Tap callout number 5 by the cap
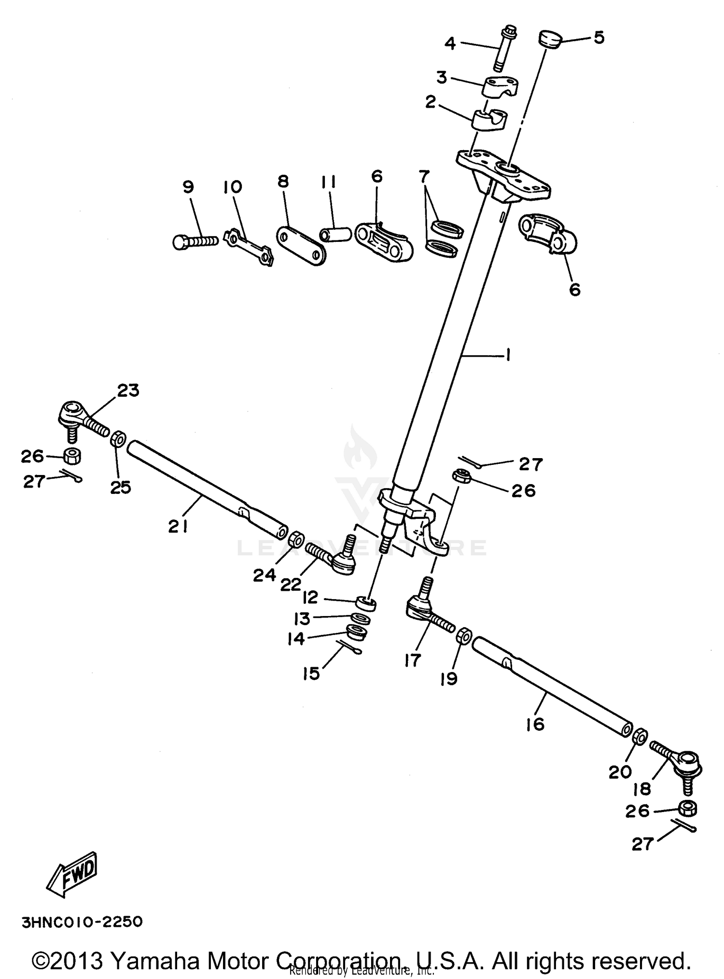point(599,37)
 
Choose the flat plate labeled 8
point(301,246)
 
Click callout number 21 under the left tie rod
point(178,526)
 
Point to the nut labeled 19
point(463,635)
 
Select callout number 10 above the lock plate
point(233,187)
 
